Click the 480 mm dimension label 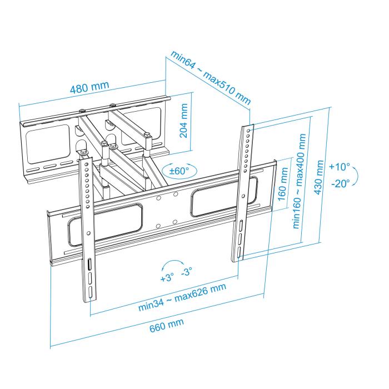[89, 88]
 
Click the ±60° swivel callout [179, 170]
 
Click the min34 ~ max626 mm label [183, 300]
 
